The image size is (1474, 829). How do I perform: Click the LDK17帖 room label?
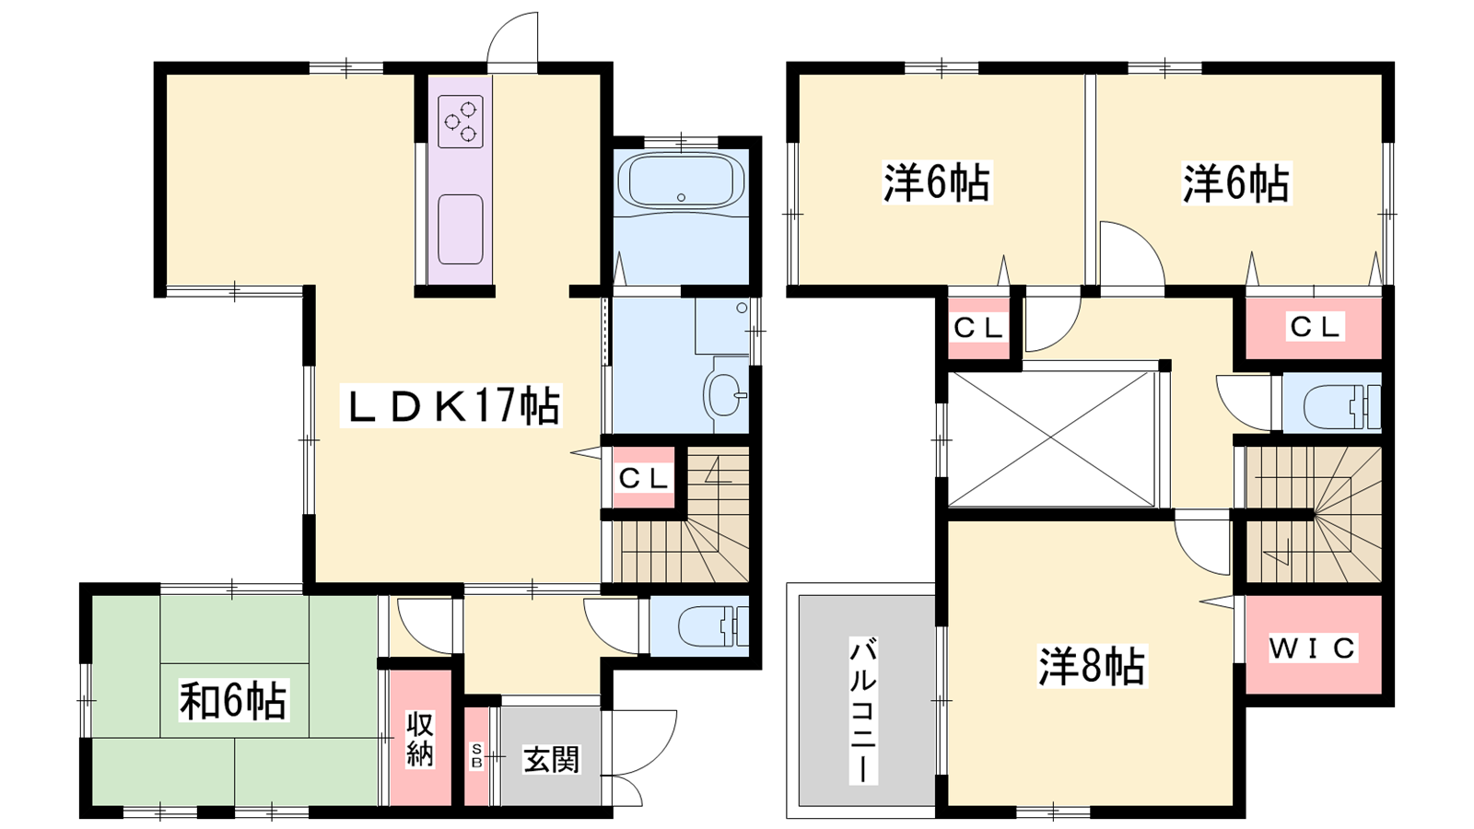451,406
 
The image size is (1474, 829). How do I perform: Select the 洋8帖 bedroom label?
1093,667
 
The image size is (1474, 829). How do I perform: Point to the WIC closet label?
1313,648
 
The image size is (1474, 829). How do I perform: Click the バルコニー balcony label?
862,710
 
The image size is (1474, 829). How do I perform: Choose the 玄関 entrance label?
552,759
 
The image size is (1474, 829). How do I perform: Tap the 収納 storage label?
420,740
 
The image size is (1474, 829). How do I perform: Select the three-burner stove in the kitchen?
461,122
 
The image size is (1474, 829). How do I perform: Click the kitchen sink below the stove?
461,229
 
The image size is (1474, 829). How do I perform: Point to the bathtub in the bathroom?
681,181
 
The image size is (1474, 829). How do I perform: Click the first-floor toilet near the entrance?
713,626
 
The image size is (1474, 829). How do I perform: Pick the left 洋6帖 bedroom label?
937,182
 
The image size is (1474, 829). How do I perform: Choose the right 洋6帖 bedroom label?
1236,183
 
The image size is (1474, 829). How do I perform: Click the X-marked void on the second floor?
1051,438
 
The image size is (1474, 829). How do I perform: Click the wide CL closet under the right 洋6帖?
1314,327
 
